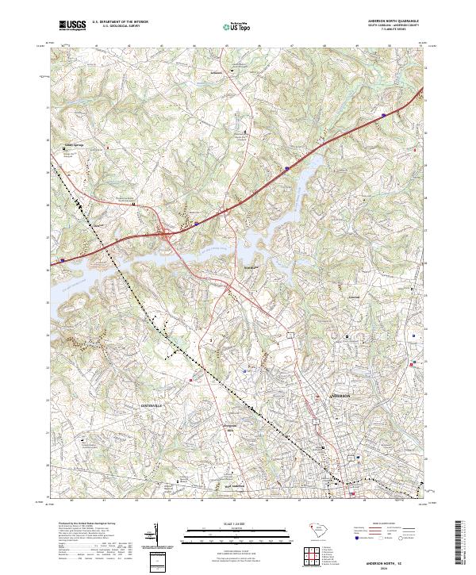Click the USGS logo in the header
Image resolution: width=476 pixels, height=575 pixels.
(x=72, y=25)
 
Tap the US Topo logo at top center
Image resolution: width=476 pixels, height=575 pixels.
(x=238, y=25)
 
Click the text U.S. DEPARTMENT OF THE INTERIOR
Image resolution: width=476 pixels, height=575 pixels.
(x=120, y=21)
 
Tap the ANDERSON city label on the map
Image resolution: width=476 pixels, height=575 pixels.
(x=340, y=394)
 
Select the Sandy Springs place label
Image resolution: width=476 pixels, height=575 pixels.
(x=74, y=145)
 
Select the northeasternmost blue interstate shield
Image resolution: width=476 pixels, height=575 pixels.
(x=383, y=115)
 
